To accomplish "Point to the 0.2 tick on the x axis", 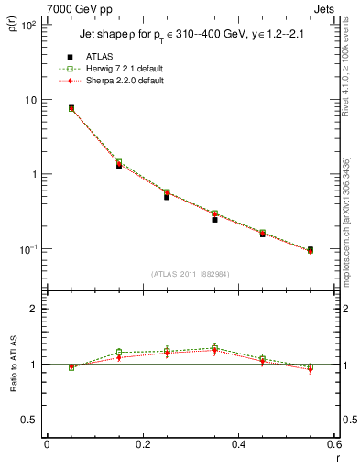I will (142, 444).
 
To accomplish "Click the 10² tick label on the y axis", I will (27, 26).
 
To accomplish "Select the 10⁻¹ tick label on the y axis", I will (27, 249).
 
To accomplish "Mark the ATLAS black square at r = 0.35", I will (214, 220).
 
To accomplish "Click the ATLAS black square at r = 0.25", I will (167, 197).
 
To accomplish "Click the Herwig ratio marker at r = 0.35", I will (214, 348).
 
